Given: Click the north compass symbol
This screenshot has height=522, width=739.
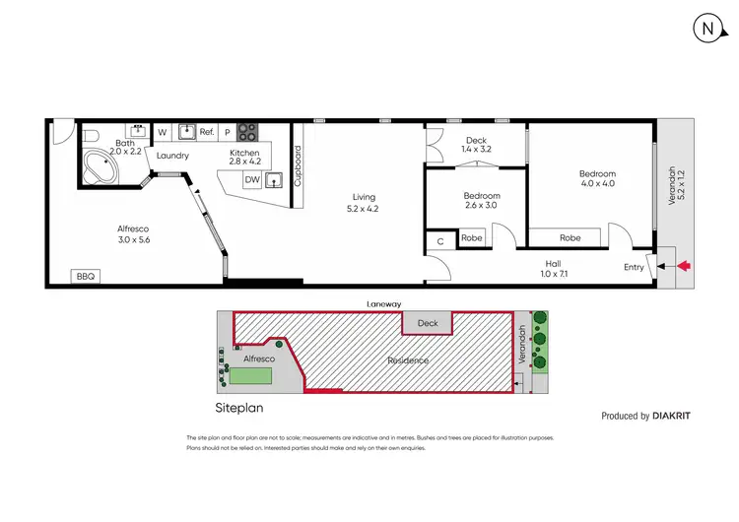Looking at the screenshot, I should coord(705,30).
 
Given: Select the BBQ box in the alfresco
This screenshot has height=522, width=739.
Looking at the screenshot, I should coord(85,277).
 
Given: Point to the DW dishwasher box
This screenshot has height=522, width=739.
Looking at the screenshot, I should coord(252,180).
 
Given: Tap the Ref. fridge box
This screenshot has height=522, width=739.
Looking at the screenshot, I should coord(207,132).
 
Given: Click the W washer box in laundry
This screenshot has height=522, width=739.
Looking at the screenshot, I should coord(162,132).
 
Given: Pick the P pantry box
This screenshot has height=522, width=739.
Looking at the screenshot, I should coord(227,132).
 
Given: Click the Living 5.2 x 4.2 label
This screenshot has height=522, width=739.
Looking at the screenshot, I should coord(362,202).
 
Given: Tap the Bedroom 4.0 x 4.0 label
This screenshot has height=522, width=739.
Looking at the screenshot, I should coord(597,178).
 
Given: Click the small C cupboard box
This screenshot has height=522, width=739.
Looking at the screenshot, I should coord(439,238).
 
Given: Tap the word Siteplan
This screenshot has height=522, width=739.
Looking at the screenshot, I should coord(239,405).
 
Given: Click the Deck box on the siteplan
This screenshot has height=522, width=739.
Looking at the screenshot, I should coord(427,322).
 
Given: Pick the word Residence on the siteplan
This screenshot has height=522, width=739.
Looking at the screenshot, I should coord(407,360).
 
